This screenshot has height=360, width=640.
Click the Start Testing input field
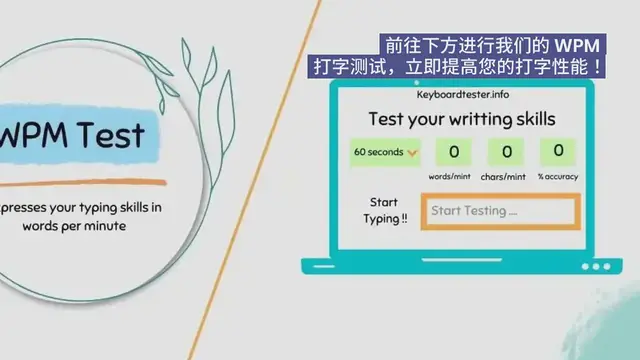[x=500, y=211]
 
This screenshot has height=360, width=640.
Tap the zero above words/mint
[x=453, y=153]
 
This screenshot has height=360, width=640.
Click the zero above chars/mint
[x=506, y=153]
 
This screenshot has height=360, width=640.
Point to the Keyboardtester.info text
[x=463, y=93]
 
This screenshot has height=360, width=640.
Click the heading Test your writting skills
[x=462, y=119]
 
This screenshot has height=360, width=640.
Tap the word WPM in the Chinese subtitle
[x=580, y=45]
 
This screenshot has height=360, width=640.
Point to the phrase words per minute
[x=77, y=226]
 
